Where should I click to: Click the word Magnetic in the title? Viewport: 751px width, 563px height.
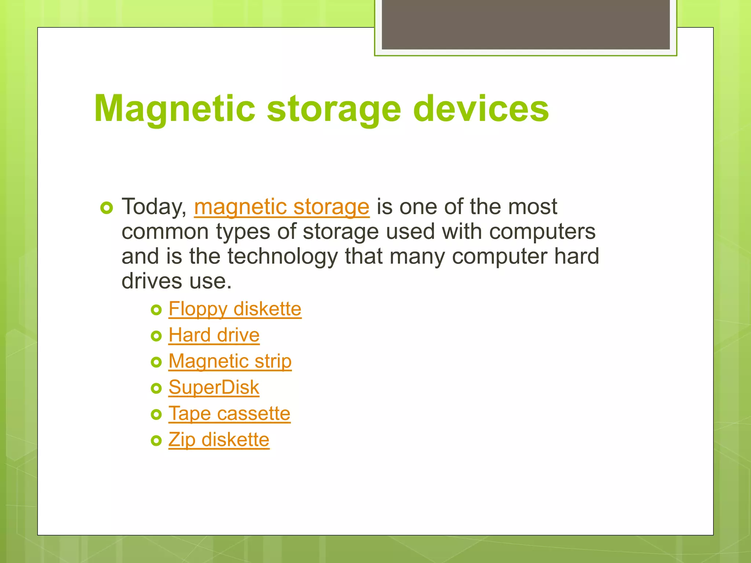[175, 108]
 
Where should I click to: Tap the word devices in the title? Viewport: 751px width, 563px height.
[481, 108]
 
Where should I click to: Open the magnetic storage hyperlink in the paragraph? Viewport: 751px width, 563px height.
[281, 207]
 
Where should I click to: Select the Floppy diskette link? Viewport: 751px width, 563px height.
[235, 309]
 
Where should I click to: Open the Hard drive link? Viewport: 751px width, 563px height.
[214, 335]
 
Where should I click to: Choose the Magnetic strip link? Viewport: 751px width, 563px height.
[230, 361]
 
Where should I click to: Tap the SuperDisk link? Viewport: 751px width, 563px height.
[214, 387]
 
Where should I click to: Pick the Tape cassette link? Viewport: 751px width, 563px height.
[229, 414]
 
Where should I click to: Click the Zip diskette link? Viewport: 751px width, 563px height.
[219, 440]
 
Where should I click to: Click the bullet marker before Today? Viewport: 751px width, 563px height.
[106, 208]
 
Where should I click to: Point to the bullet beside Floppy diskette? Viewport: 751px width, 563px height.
[156, 310]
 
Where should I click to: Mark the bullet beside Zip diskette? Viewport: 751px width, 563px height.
[156, 441]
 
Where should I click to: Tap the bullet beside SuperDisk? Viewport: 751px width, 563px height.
[156, 388]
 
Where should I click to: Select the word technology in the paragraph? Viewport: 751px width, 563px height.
[282, 256]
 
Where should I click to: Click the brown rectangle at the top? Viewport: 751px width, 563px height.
[525, 24]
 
